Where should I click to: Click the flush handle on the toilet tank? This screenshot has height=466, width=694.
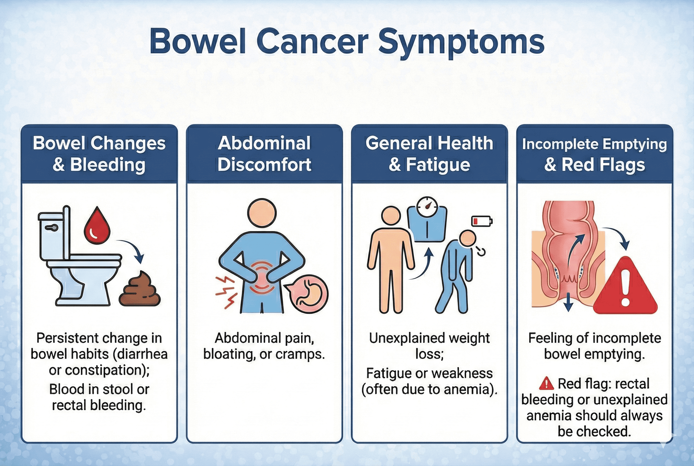[51, 228]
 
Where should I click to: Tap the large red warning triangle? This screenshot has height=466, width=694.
[625, 285]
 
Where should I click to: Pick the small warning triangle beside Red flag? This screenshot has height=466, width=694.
[546, 383]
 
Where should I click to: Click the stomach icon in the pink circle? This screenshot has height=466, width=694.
[308, 294]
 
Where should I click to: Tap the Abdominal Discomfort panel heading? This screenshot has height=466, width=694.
[264, 154]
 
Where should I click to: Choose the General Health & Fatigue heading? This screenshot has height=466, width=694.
[429, 154]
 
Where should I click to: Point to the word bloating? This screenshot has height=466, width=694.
[229, 354]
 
